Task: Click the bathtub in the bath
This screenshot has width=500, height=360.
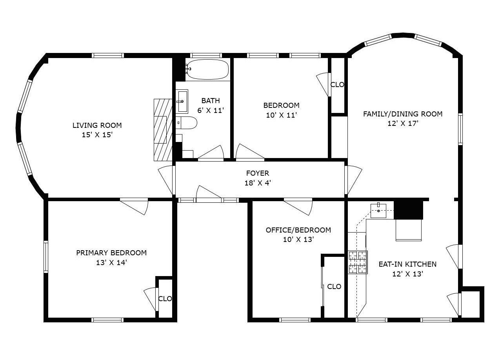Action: tap(207, 69)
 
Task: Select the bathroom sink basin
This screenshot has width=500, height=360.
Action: tap(182, 101)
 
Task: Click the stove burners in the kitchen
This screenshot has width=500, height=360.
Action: tap(358, 262)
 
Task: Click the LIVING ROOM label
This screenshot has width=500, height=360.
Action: tap(97, 125)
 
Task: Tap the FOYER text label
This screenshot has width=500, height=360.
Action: tap(258, 173)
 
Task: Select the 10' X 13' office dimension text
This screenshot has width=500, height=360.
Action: tap(298, 240)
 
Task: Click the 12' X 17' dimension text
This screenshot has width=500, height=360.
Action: tap(403, 124)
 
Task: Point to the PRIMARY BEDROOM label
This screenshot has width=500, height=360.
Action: tap(111, 253)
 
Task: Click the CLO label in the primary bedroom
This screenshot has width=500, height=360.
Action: tap(165, 298)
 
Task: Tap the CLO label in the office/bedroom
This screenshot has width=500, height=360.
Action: tap(334, 286)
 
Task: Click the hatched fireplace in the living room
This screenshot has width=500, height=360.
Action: tap(163, 130)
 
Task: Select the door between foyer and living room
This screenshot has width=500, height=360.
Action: tap(167, 180)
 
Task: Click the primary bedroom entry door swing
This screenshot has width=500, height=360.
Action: tap(135, 206)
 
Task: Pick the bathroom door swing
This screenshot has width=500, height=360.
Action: tap(211, 153)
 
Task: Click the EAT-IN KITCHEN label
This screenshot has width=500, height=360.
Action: tap(407, 264)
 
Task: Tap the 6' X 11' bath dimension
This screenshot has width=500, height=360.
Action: tap(211, 110)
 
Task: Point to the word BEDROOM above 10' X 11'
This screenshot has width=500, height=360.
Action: tap(281, 105)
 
